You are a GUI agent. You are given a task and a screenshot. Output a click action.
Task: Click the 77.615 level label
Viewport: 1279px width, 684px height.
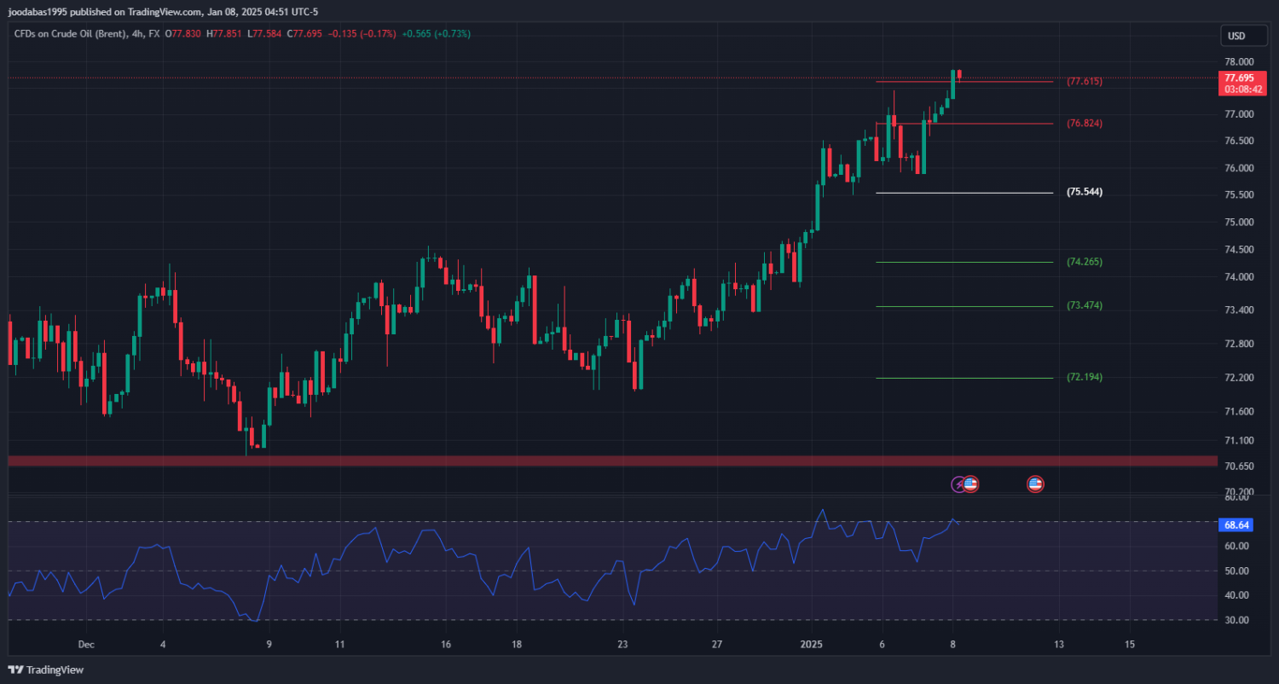(x=1085, y=82)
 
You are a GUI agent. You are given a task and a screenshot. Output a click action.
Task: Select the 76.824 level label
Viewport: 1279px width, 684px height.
(x=1085, y=124)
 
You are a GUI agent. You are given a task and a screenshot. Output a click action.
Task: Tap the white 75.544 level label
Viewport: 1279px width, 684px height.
(x=1085, y=193)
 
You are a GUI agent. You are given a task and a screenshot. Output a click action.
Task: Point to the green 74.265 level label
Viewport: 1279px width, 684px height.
(x=1085, y=262)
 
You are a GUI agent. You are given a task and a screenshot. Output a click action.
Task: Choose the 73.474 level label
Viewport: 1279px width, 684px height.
(x=1085, y=305)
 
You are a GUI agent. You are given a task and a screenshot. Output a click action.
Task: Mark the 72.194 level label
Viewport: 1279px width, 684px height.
(x=1085, y=377)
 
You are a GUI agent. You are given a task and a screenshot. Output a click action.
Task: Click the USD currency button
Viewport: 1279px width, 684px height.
(x=1236, y=36)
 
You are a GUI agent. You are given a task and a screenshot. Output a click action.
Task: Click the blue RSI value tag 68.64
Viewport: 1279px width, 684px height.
(x=1237, y=525)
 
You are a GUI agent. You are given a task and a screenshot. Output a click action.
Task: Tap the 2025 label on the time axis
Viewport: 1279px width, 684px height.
(x=812, y=644)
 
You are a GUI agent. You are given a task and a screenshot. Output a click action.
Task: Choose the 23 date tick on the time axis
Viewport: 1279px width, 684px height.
(x=622, y=644)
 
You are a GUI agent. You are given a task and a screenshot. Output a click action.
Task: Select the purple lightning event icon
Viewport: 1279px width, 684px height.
(x=958, y=484)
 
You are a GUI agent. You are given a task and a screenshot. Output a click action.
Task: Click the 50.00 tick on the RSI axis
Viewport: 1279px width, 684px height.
(x=1238, y=571)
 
